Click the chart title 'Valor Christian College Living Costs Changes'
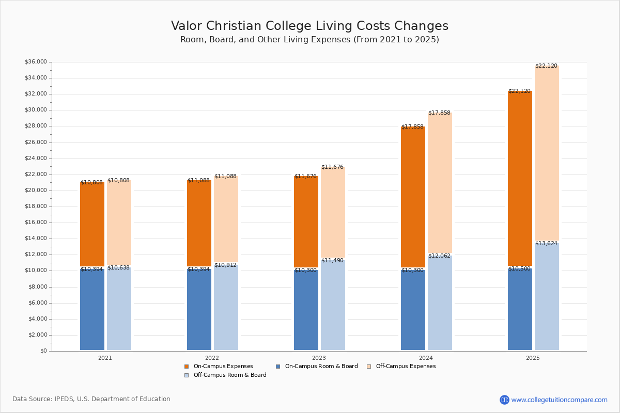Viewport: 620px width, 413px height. pos(309,26)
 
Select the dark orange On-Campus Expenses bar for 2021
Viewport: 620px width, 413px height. pos(92,225)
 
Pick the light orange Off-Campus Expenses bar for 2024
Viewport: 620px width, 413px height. pos(440,183)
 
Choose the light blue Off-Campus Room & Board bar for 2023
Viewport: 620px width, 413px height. pos(333,305)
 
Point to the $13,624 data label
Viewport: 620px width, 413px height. pos(546,243)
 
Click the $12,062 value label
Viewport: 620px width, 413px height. pos(439,256)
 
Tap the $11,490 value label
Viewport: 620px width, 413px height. pos(332,260)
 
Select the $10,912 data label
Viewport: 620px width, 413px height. pos(225,265)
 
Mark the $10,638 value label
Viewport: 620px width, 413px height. pos(118,267)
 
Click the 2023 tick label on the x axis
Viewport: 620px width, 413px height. pos(319,357)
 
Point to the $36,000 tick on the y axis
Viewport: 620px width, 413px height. pos(36,62)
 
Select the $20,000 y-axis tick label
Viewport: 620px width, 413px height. pos(36,190)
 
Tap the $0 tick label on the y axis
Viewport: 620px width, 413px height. pos(43,351)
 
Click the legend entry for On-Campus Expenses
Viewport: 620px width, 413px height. pos(223,367)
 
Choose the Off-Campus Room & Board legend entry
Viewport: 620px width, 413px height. pos(229,375)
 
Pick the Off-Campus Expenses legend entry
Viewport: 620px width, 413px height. pos(405,367)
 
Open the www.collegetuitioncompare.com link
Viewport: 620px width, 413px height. pos(559,400)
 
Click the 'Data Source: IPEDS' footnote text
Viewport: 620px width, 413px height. pos(91,399)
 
